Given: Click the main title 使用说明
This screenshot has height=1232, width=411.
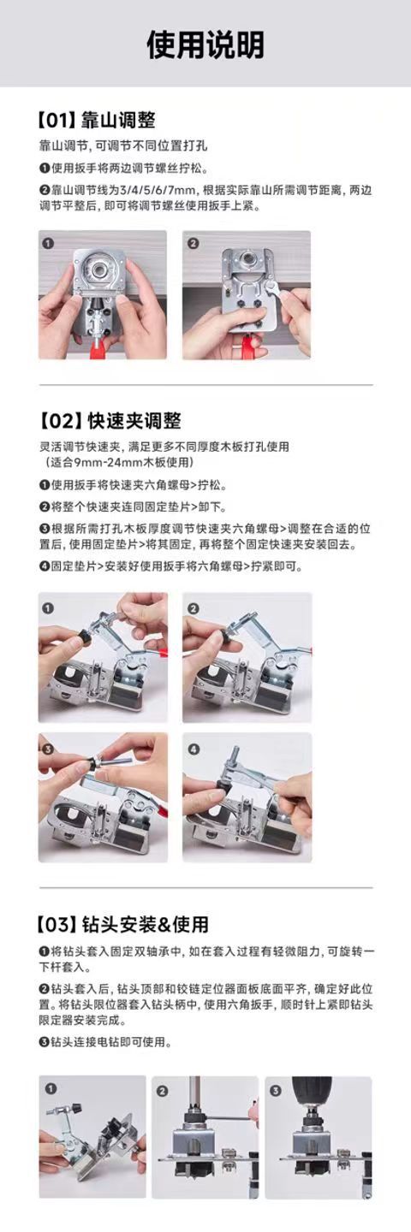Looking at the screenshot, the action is click(205, 44).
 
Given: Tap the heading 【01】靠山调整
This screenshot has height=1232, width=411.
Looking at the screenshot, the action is click(96, 120).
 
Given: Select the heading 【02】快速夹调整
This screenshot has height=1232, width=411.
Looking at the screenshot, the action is click(110, 421).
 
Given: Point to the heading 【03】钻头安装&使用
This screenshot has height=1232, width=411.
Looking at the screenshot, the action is click(123, 924).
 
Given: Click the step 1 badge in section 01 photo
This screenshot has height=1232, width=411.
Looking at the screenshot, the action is click(49, 243).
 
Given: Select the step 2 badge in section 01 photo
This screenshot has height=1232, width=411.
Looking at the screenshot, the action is click(194, 243).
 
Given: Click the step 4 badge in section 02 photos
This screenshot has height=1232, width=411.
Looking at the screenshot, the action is click(194, 749).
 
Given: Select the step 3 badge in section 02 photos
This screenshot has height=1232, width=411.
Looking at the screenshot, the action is click(49, 749).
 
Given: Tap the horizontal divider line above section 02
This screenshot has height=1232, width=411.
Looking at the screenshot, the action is click(205, 385).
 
